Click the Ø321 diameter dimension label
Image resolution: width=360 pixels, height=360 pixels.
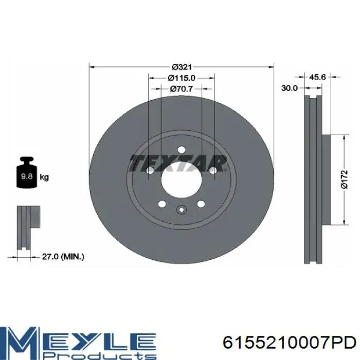click(182, 67)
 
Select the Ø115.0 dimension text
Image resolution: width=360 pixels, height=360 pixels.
click(182, 78)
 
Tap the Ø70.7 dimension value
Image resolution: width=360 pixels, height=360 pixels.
click(182, 88)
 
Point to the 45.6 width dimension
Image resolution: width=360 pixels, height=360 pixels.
click(317, 77)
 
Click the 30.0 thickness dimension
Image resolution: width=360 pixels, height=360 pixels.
click(289, 88)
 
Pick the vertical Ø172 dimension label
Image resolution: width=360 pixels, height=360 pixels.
click(345, 179)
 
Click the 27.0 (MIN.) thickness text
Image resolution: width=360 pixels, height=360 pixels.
click(63, 257)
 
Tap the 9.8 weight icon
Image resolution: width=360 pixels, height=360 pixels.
click(27, 172)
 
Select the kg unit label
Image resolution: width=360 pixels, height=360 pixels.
click(44, 177)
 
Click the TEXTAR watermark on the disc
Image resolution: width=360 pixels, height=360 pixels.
click(178, 163)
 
